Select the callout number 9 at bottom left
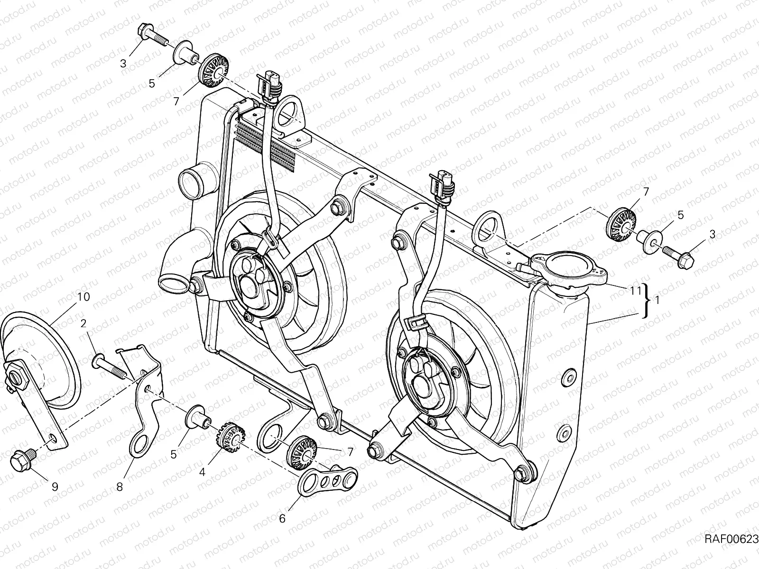(x=55, y=487)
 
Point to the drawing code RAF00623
(x=731, y=539)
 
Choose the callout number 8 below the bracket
(x=120, y=487)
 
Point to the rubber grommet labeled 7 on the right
(x=622, y=223)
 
